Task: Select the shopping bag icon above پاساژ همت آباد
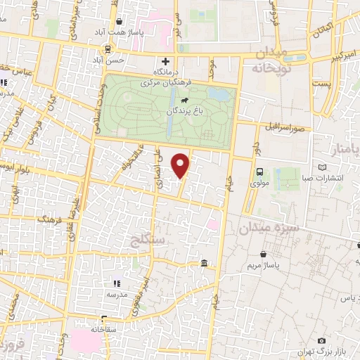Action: click(119, 21)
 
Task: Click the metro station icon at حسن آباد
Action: click(108, 49)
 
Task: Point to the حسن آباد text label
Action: click(112, 60)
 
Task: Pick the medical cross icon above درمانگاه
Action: click(165, 61)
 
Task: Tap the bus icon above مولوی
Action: click(260, 172)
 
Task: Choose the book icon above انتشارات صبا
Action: click(323, 167)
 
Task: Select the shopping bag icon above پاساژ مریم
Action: click(263, 254)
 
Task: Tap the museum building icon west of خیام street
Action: click(204, 264)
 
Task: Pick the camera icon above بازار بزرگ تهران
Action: click(321, 340)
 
